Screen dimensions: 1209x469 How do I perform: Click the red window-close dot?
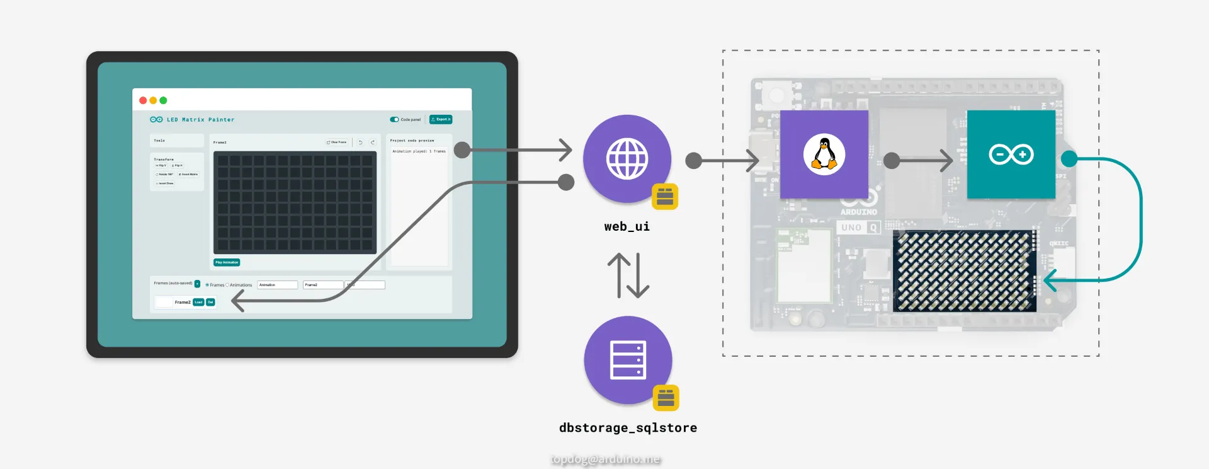143,100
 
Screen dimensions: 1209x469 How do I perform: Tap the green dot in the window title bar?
163,100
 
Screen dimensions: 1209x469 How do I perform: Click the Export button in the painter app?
441,119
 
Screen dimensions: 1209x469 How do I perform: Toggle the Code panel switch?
395,119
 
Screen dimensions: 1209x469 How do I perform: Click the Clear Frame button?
337,142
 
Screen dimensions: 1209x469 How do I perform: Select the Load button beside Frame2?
198,302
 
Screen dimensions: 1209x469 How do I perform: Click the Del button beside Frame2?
210,302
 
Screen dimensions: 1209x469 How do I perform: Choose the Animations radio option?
227,285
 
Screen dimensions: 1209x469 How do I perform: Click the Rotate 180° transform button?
164,175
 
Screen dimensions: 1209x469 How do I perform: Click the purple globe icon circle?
627,158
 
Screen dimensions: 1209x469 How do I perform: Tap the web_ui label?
627,226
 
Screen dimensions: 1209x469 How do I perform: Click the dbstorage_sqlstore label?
628,428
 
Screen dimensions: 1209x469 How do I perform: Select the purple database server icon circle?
628,360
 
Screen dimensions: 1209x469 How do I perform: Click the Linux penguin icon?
824,154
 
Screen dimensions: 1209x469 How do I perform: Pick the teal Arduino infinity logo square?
1011,154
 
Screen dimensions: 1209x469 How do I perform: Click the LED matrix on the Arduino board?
965,271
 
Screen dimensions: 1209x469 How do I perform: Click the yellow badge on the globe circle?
665,197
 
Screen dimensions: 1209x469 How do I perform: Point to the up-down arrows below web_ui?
628,275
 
